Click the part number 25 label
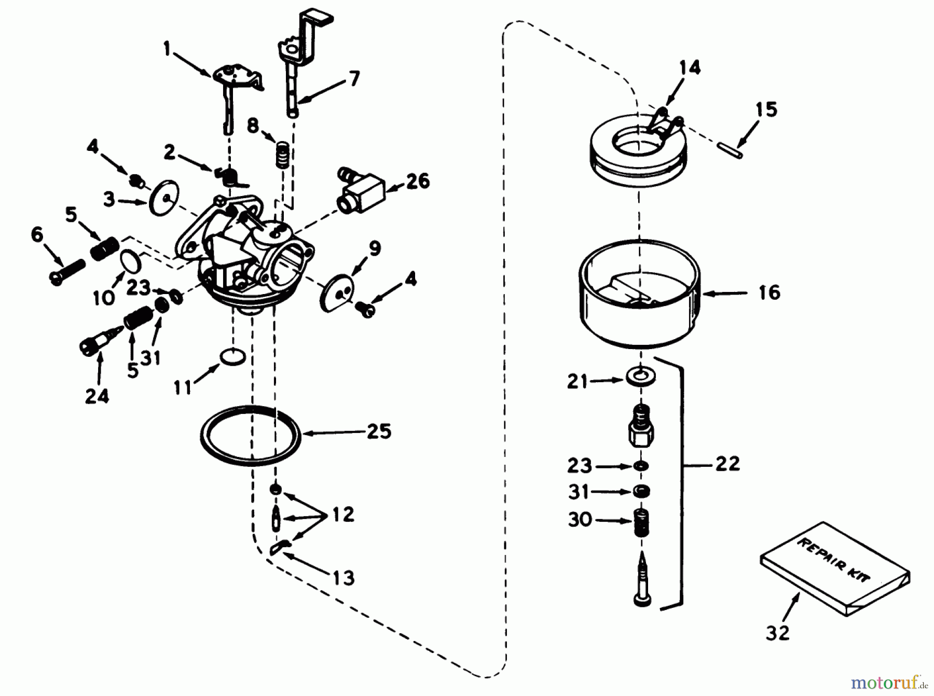(379, 431)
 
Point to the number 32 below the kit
(777, 633)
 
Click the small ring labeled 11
(232, 356)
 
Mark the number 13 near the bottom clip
(343, 577)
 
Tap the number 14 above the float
(690, 67)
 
